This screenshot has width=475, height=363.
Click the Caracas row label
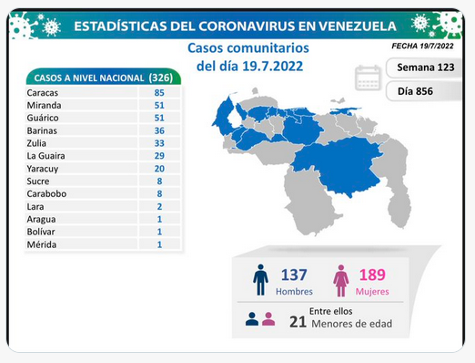coord(42,93)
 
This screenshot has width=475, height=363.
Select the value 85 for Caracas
coord(159,93)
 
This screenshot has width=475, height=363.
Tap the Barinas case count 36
coord(159,130)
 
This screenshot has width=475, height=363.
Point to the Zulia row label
coord(36,143)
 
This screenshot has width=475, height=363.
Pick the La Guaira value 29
coord(159,156)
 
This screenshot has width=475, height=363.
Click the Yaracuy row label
coord(43,169)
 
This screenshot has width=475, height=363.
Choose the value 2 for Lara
coord(159,207)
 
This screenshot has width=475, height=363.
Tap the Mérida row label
coord(42,244)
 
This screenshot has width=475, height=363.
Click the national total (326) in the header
coord(161,78)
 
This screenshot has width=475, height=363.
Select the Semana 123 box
coord(424,67)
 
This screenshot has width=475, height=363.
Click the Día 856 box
coord(424,91)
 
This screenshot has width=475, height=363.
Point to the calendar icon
coord(368,78)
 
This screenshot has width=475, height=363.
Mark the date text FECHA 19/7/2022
coord(422,46)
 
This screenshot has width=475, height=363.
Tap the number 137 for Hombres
coord(294,275)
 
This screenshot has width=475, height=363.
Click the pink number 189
coord(372,275)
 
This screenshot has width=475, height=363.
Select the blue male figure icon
coord(260,280)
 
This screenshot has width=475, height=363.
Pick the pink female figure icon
coord(341,281)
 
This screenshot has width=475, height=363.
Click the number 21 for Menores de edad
coord(298,322)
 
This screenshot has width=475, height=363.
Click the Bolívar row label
coord(41,232)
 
